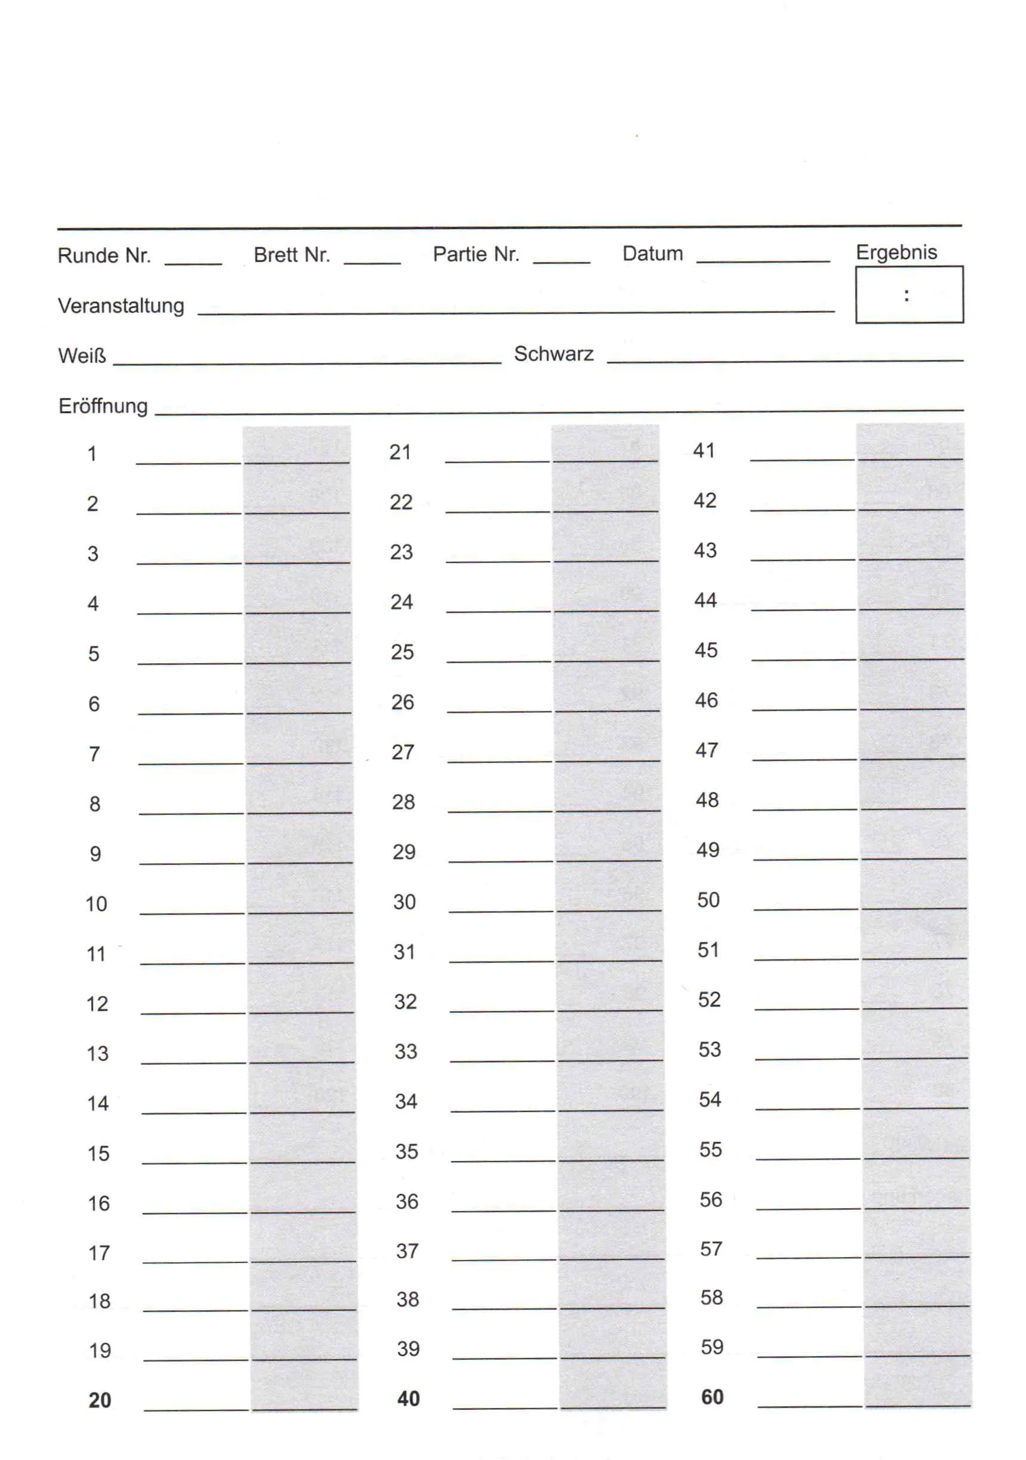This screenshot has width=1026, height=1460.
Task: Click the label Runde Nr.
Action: coord(104,255)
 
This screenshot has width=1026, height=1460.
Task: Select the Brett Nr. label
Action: coord(291,255)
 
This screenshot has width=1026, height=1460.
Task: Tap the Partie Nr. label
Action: coord(476,254)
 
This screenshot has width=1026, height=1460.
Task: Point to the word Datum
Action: coord(652,254)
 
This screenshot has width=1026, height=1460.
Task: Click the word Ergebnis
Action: coord(896,252)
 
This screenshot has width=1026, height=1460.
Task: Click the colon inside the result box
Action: coord(906,295)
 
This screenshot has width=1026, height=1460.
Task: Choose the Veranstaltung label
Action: coord(121,306)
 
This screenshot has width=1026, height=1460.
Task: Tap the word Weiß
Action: coord(81,356)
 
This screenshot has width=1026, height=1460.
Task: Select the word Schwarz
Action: coord(553,353)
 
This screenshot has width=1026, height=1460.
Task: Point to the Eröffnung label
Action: coord(103,406)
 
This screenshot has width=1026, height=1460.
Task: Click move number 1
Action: coord(92,454)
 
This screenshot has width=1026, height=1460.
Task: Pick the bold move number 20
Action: coord(100,1400)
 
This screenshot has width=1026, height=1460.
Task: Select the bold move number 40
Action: coord(408,1399)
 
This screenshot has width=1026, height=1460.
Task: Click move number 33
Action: coord(406,1051)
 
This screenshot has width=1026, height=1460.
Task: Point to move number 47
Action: coord(706,750)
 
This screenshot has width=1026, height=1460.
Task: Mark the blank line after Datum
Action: coord(763,261)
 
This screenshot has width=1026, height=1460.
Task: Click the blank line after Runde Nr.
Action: coord(193,263)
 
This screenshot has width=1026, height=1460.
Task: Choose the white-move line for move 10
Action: coord(192,913)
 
